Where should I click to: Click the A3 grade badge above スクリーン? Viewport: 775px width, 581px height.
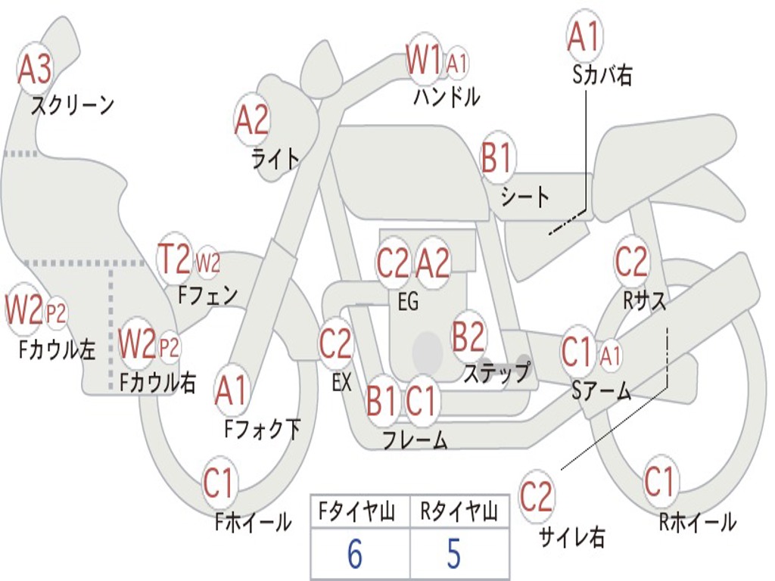tap(35, 70)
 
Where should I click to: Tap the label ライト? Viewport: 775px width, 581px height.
tap(275, 159)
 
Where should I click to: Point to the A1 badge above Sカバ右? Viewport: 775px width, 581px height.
tap(584, 36)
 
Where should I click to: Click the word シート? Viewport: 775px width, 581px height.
tap(525, 198)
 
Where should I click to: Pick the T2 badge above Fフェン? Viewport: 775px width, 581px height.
tap(174, 260)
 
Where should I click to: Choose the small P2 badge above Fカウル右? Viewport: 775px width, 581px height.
tap(170, 346)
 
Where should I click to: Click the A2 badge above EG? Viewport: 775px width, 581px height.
tap(433, 263)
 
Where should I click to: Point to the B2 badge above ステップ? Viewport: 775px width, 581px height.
tap(468, 337)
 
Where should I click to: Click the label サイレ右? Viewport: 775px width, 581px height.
tap(571, 537)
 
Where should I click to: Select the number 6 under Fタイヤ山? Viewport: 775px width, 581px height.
tap(354, 555)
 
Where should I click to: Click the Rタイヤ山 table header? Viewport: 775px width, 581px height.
tap(459, 514)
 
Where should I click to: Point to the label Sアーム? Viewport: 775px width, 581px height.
tap(602, 390)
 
